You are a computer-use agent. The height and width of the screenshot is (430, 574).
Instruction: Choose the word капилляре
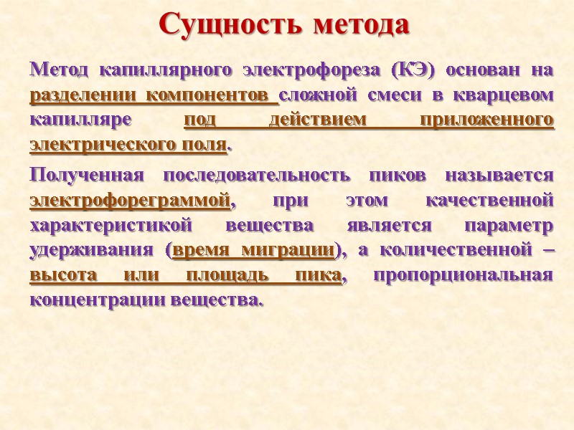[x=80, y=120]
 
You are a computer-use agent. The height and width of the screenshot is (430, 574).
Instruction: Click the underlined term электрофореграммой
[x=131, y=201]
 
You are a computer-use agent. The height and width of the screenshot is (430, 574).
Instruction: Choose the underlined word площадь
[x=225, y=276]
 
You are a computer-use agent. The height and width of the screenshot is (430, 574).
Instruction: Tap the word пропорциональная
[x=464, y=276]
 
